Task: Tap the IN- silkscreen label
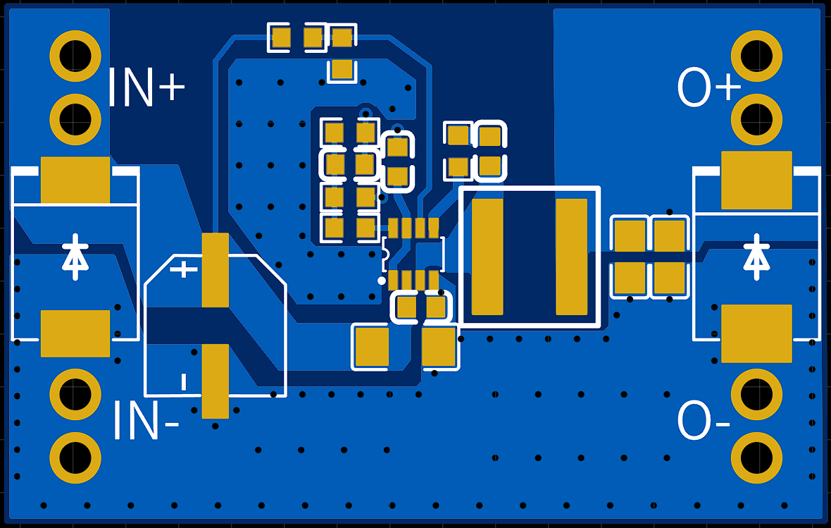click(x=146, y=420)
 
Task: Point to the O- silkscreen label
click(x=704, y=420)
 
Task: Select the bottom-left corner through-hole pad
click(x=75, y=458)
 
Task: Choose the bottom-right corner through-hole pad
click(x=756, y=458)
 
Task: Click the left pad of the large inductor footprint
click(x=487, y=257)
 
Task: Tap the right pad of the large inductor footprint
click(x=571, y=257)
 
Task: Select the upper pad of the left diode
click(x=75, y=180)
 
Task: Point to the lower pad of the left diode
click(x=75, y=333)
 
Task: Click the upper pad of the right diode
click(x=756, y=180)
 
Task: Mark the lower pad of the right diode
click(x=756, y=333)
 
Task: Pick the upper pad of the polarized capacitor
click(x=215, y=270)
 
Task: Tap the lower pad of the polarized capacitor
click(x=215, y=381)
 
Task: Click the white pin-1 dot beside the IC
click(x=382, y=281)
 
